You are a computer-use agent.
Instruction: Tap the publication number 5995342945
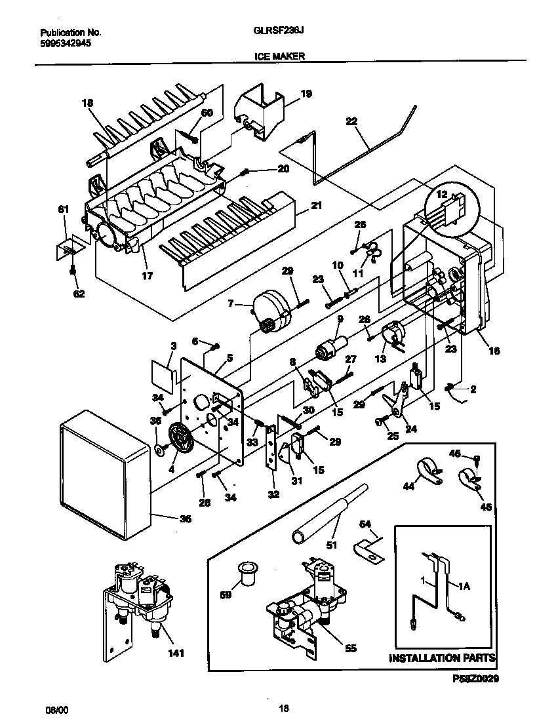click(66, 43)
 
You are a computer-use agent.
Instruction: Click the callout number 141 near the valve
click(175, 653)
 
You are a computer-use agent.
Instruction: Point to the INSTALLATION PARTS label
click(442, 657)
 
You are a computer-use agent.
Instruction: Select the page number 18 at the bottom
click(283, 708)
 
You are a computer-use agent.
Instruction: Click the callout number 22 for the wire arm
click(352, 121)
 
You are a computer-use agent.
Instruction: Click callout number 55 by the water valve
click(351, 648)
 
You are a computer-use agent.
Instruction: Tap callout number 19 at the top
click(306, 94)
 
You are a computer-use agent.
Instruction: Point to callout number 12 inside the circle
click(442, 195)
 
